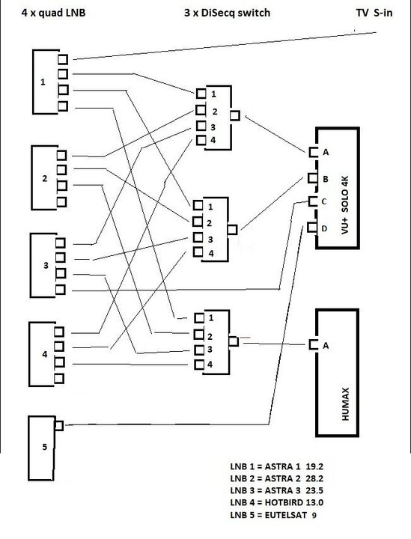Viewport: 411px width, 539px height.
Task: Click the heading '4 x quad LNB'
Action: [53, 13]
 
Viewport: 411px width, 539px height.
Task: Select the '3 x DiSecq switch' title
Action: [227, 13]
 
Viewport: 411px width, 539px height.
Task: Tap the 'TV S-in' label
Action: [374, 13]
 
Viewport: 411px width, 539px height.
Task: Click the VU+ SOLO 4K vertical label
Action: [345, 205]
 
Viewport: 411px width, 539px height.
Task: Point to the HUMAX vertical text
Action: [345, 404]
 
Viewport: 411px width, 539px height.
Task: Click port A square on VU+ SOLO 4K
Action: [313, 152]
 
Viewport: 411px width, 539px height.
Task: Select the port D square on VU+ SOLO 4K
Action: [312, 228]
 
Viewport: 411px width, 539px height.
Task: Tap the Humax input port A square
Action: [314, 344]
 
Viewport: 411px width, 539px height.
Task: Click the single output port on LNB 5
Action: [59, 425]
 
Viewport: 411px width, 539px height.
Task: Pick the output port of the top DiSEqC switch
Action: [235, 115]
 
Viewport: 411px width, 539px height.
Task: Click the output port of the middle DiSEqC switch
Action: [232, 229]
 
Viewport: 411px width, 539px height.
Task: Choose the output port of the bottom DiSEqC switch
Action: [234, 341]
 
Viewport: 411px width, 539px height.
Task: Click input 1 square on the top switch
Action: [201, 94]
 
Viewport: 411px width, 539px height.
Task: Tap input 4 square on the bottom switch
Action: [199, 365]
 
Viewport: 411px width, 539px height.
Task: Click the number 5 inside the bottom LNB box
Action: [44, 447]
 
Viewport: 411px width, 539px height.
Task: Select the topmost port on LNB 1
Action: [63, 59]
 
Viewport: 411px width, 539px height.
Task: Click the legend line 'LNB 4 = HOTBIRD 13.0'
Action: [277, 502]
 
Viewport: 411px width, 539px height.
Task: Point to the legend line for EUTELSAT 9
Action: [273, 515]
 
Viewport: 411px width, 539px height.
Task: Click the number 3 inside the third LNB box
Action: [46, 265]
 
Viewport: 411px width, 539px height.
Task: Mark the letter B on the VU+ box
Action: [326, 179]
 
